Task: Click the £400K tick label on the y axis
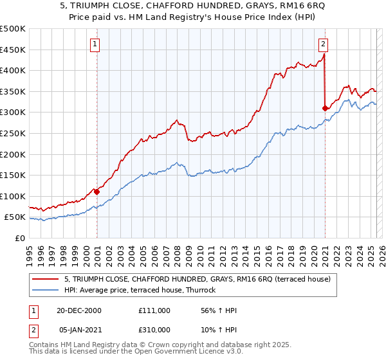coord(13,71)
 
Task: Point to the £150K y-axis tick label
coord(13,175)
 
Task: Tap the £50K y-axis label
coord(15,217)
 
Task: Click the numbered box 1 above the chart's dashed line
coord(95,44)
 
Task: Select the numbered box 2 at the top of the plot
coord(322,44)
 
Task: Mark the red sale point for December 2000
coord(96,191)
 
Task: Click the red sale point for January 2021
coord(325,108)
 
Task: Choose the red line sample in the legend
coord(46,279)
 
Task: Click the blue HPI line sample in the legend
coord(46,291)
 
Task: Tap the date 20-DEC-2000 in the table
coord(79,310)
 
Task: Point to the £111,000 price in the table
coord(154,310)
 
